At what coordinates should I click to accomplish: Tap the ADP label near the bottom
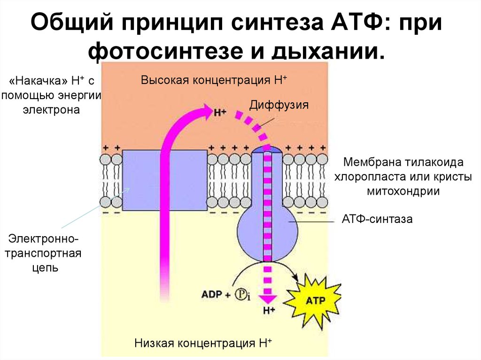[x=212, y=294]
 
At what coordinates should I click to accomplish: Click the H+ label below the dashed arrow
[x=269, y=311]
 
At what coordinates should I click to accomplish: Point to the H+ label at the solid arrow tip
[x=220, y=113]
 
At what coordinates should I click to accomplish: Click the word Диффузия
[x=279, y=105]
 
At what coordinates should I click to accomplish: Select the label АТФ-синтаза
[x=377, y=219]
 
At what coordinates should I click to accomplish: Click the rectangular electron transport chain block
[x=165, y=180]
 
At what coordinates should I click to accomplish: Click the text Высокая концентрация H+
[x=214, y=80]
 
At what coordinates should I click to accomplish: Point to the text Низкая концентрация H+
[x=203, y=343]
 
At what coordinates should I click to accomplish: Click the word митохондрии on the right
[x=403, y=191]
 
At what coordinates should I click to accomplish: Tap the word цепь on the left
[x=46, y=268]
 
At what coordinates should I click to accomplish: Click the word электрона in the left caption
[x=51, y=109]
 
